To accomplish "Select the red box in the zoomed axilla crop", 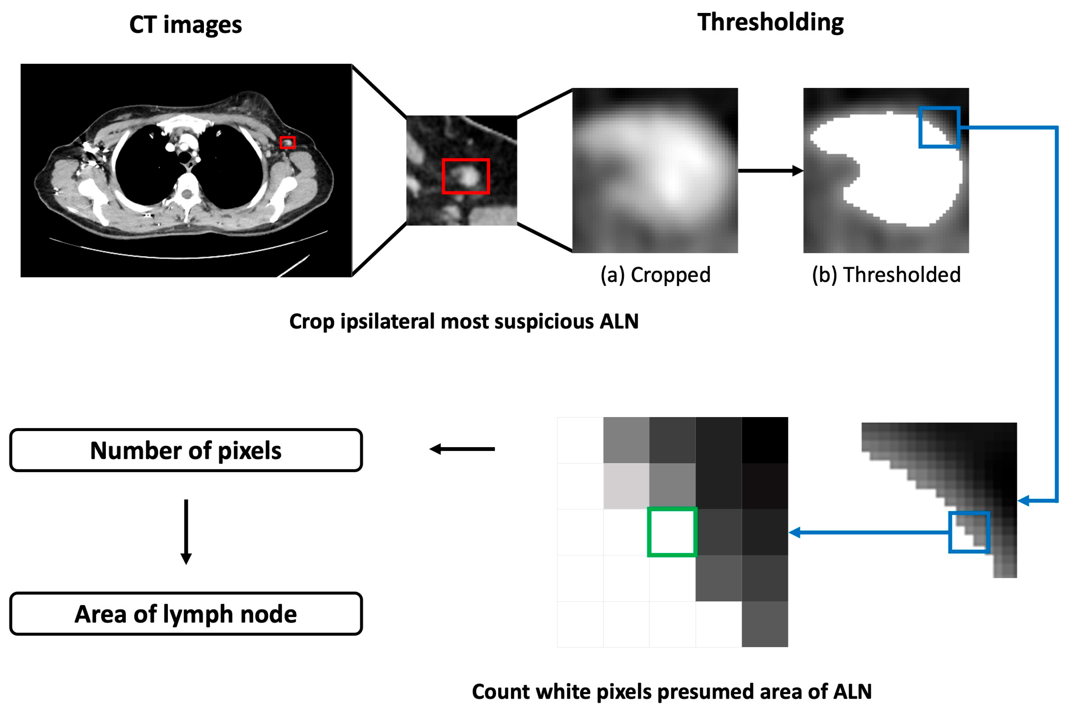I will click(x=466, y=176).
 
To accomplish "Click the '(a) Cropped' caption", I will click(x=655, y=275).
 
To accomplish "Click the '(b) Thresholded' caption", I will click(x=886, y=275).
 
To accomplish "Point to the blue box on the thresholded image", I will click(x=939, y=127).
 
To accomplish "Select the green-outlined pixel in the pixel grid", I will click(x=672, y=532).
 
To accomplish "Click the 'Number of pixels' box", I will click(x=186, y=450).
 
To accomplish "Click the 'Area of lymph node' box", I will click(x=186, y=614).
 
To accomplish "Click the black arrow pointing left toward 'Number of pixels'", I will click(x=462, y=449).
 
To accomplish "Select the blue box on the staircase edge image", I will click(x=969, y=532).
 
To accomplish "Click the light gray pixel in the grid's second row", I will click(x=626, y=486).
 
